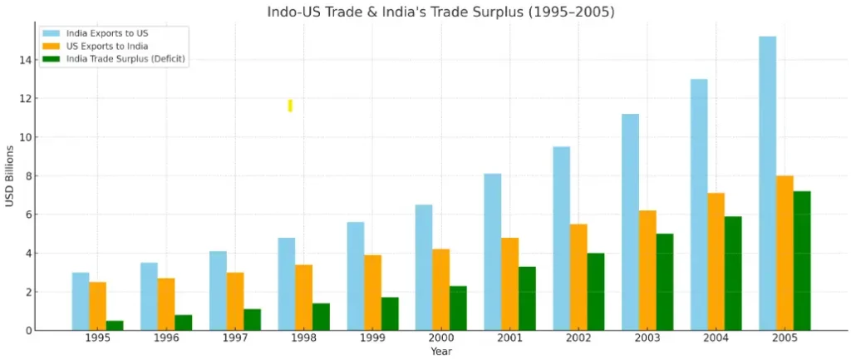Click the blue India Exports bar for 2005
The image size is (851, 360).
767,183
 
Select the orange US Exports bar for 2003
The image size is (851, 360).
647,270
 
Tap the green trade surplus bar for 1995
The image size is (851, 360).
115,325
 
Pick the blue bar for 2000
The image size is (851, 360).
424,267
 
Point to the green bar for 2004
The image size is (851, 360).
733,273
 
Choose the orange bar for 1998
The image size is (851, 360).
304,297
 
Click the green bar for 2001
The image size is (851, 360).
528,298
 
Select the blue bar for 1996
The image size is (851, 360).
149,296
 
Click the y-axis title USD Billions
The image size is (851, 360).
10,175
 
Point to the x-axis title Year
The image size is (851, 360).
441,353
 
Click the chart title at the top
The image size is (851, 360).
440,12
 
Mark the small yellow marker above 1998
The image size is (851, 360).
290,106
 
